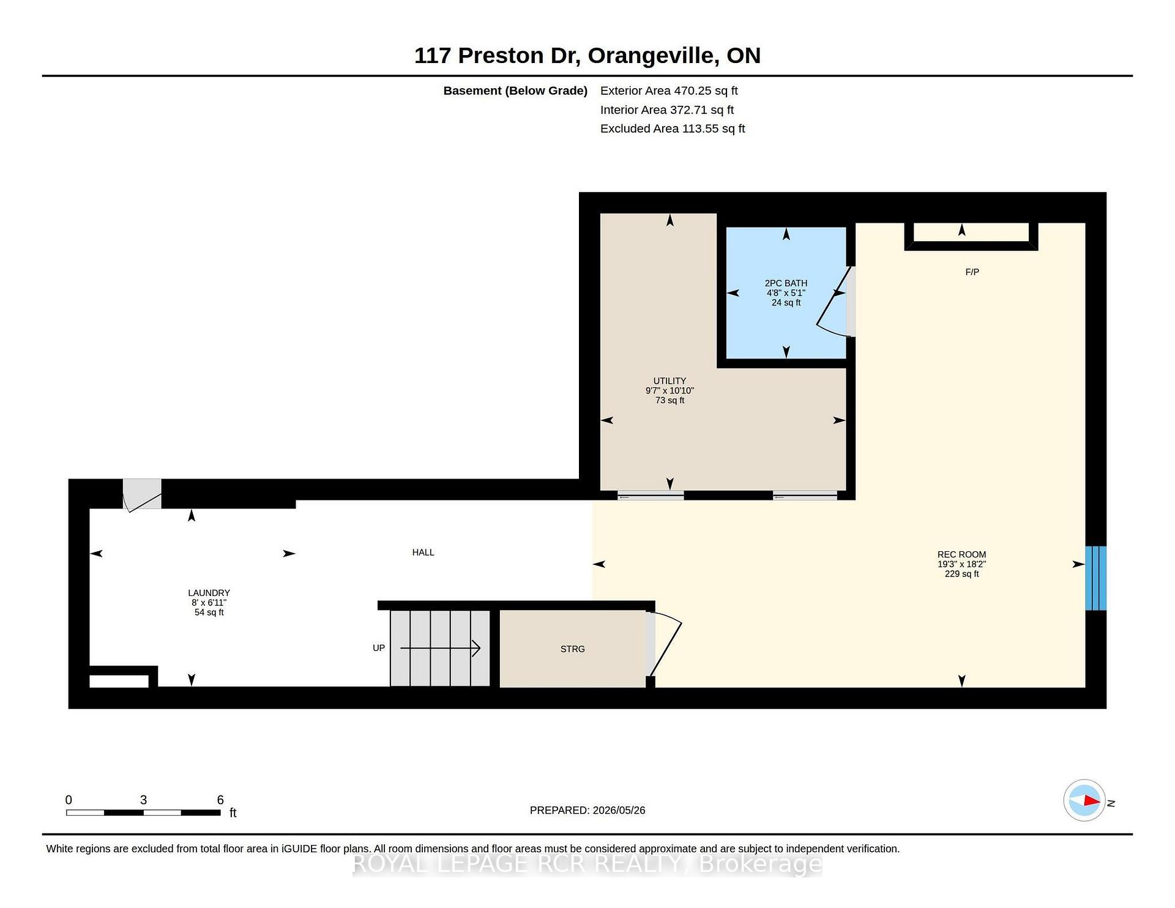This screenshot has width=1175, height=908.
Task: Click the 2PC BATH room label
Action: pos(786,283)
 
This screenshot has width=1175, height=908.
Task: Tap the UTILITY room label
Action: pos(670,381)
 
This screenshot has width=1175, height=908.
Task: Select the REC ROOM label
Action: pos(961,554)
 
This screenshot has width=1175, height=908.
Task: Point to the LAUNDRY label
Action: pos(209,593)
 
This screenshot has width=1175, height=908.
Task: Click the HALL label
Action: pos(423,553)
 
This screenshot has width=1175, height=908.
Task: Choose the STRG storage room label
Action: pos(572,649)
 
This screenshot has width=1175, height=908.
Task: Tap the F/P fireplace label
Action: pos(972,272)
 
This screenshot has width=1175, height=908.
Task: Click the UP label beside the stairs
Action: pos(379,648)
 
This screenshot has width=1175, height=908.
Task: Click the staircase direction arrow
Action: pos(439,648)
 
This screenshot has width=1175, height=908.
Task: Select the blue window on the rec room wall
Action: pos(1095,578)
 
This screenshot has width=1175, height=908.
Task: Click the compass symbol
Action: pos(1084,800)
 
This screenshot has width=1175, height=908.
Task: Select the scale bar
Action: pos(143,813)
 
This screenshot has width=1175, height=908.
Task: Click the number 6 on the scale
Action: pos(220,800)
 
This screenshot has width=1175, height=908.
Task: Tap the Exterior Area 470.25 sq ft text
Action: pos(669,91)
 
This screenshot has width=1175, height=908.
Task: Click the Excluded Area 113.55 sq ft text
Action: pos(673,128)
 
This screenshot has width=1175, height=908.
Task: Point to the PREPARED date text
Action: pos(587,810)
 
